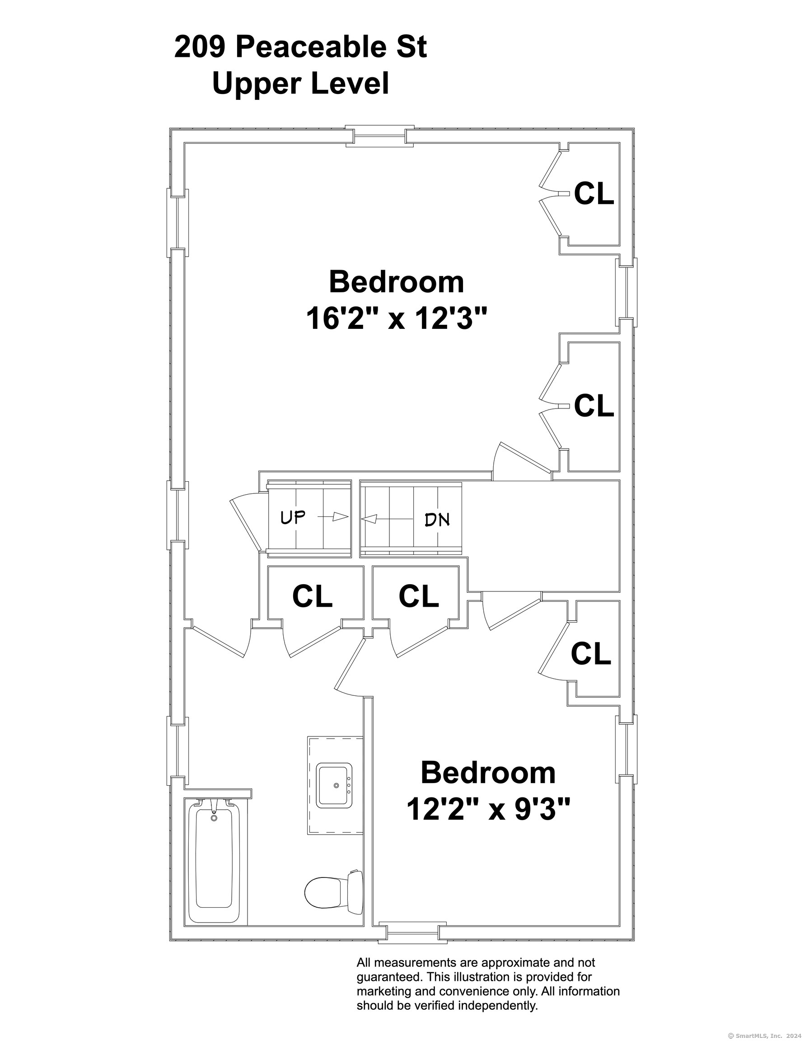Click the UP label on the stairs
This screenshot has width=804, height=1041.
pos(293,517)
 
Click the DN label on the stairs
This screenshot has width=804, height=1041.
pos(437,520)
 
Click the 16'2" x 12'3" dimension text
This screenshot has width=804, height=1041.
pos(397,318)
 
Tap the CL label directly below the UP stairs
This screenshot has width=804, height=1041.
pos(312,596)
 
